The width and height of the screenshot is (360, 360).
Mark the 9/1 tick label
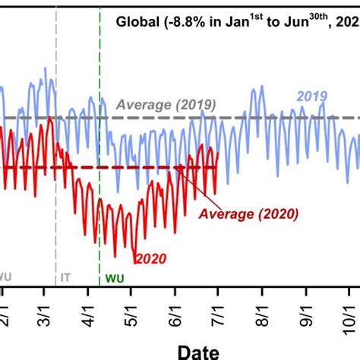click(307, 314)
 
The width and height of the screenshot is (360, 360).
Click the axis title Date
click(198, 350)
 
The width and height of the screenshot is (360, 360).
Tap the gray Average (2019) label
click(166, 105)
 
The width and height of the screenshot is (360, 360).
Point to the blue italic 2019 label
click(311, 96)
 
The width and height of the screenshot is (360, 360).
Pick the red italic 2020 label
click(150, 258)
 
